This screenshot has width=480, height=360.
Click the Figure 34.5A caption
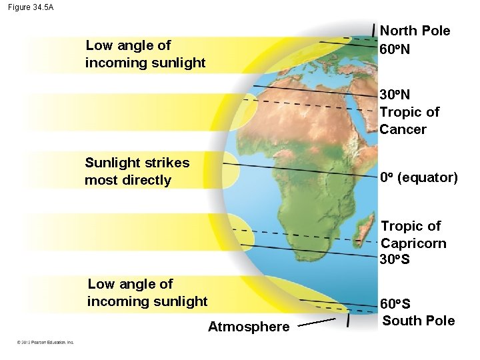click(31, 7)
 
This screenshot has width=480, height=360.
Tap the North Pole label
click(415, 31)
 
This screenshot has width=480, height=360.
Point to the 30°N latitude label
click(395, 95)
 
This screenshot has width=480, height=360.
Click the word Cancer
click(403, 129)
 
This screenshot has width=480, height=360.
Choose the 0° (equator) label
click(419, 178)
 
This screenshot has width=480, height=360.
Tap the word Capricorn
click(413, 243)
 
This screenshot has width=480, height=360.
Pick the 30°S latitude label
click(395, 259)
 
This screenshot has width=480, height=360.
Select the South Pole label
click(419, 321)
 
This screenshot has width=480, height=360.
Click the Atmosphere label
click(249, 327)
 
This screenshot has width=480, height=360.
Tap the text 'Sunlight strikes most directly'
click(137, 171)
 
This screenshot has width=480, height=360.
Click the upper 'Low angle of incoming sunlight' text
click(145, 54)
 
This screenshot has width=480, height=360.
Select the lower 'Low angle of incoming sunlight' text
click(147, 293)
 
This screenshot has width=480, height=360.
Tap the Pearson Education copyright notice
click(45, 343)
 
